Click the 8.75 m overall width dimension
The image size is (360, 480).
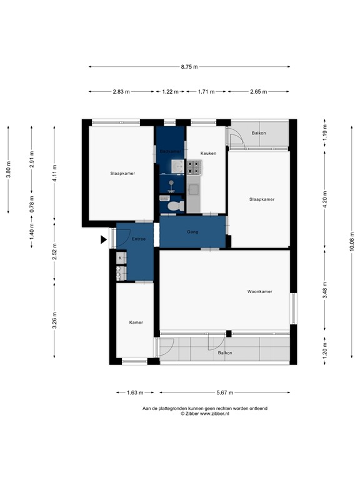[189, 67]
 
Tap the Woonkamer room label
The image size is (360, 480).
[259, 292]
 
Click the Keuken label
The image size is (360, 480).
[208, 153]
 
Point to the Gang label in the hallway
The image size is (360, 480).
[193, 232]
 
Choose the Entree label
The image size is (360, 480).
[139, 239]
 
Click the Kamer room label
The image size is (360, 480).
[136, 322]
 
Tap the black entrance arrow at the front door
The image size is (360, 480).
[104, 239]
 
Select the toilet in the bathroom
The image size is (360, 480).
[175, 204]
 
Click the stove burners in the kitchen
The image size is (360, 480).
[194, 167]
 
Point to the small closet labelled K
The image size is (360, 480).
[120, 257]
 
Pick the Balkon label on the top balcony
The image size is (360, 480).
[259, 133]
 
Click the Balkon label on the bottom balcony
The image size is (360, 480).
[224, 353]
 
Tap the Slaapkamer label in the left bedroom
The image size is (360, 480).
[122, 173]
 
